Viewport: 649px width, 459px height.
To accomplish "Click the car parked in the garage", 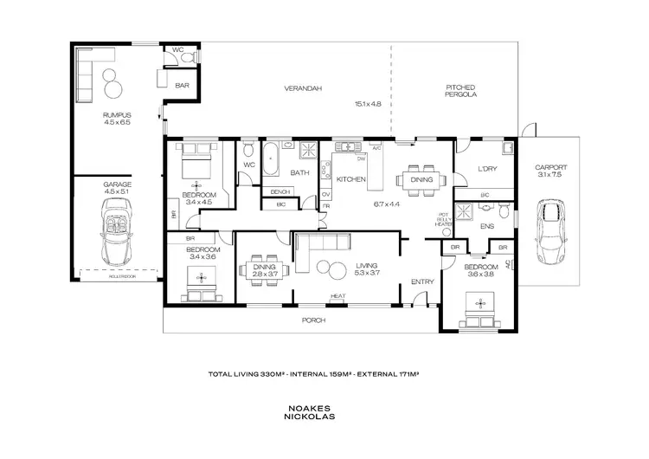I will pyautogui.click(x=116, y=230).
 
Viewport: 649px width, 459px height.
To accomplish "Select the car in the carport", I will pyautogui.click(x=549, y=231).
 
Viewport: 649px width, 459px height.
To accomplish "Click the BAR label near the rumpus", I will pyautogui.click(x=182, y=86).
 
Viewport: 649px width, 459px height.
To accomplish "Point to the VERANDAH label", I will pyautogui.click(x=299, y=88).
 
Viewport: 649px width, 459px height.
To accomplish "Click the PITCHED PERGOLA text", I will pyautogui.click(x=461, y=91).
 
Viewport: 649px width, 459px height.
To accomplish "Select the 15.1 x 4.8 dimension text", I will pyautogui.click(x=368, y=104).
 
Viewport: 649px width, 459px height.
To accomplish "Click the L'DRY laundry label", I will pyautogui.click(x=485, y=171).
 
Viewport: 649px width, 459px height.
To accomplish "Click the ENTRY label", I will pyautogui.click(x=422, y=281).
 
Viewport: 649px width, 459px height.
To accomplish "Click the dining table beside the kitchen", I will pyautogui.click(x=421, y=180).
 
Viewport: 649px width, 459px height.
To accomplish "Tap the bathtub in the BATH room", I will pyautogui.click(x=271, y=157).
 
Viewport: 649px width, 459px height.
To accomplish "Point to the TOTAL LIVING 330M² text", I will pyautogui.click(x=245, y=375).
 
